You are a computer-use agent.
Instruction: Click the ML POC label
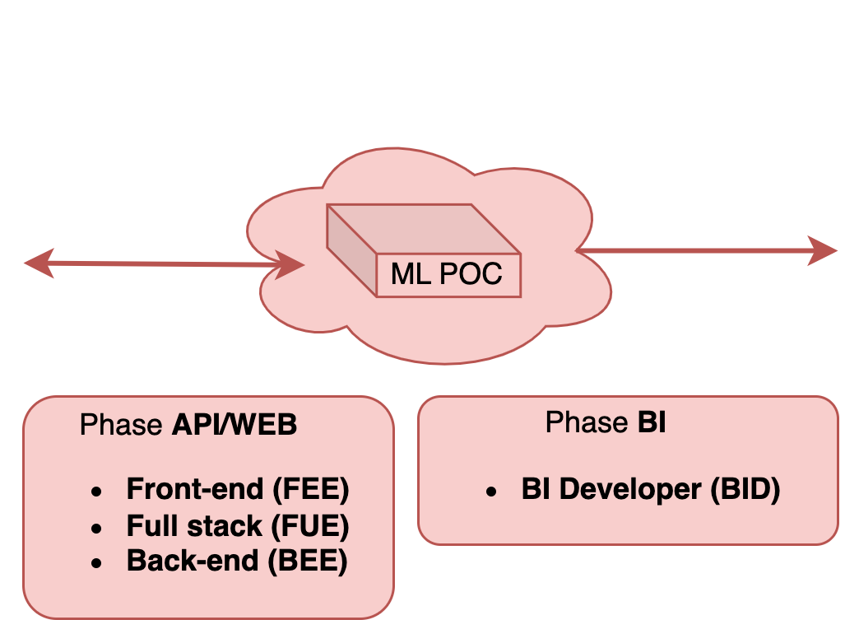pyautogui.click(x=446, y=273)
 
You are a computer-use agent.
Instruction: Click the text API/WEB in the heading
pyautogui.click(x=234, y=426)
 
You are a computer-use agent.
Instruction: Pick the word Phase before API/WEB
pyautogui.click(x=122, y=426)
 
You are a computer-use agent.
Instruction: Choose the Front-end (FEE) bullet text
pyautogui.click(x=238, y=489)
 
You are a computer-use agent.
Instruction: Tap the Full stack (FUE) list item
pyautogui.click(x=238, y=525)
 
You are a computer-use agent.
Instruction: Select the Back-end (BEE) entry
pyautogui.click(x=237, y=561)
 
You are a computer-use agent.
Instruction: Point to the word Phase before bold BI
pyautogui.click(x=587, y=423)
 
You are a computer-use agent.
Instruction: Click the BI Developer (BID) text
pyautogui.click(x=650, y=489)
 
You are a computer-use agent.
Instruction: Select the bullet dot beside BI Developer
pyautogui.click(x=492, y=492)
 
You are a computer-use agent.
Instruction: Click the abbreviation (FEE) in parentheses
pyautogui.click(x=310, y=489)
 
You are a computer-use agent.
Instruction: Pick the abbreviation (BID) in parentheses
pyautogui.click(x=744, y=489)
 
